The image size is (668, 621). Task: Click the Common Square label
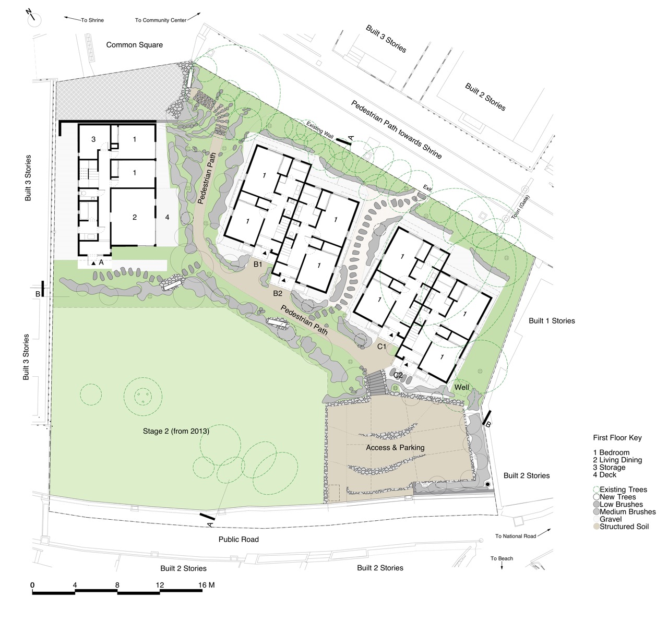[134, 45]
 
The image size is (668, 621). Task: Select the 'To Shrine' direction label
[92, 20]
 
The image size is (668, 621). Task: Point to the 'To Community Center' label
[160, 20]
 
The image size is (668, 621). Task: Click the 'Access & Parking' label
[395, 447]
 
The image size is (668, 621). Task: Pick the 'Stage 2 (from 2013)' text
[176, 431]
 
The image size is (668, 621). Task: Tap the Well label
[461, 387]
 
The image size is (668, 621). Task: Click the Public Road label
[238, 539]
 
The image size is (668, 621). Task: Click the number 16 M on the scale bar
[207, 585]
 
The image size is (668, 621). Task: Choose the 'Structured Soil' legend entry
[624, 527]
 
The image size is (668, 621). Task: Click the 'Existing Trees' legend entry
[623, 489]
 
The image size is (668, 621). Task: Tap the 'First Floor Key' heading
[617, 438]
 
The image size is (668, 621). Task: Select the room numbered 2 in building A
[134, 217]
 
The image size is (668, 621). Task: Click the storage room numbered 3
[93, 139]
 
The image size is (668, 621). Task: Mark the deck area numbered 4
[167, 217]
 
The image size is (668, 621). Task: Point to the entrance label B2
[278, 293]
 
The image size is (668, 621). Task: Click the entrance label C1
[381, 346]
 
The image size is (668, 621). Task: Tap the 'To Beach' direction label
[502, 558]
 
